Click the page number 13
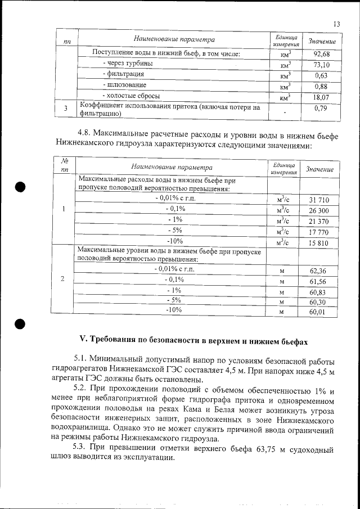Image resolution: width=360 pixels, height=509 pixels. (337, 24)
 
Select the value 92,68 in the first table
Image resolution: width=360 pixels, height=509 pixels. (321, 54)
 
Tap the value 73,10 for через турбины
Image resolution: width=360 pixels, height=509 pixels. (321, 65)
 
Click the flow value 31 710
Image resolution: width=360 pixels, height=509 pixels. (318, 200)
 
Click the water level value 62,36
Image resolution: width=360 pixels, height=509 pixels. (318, 271)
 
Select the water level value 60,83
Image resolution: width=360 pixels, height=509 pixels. (318, 292)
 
